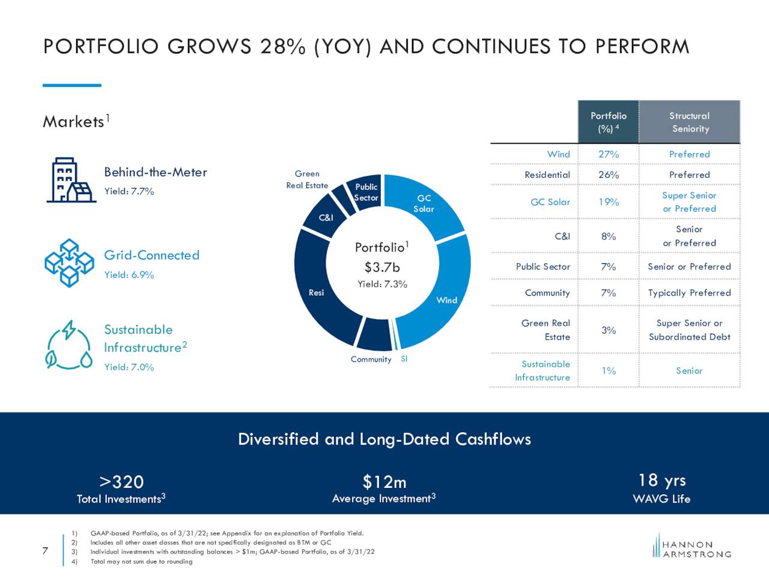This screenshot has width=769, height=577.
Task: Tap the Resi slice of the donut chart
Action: pyautogui.click(x=317, y=292)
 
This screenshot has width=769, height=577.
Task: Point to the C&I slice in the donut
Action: pyautogui.click(x=326, y=218)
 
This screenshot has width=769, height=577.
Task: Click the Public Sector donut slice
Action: pyautogui.click(x=366, y=192)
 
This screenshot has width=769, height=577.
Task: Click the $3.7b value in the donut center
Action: pyautogui.click(x=382, y=267)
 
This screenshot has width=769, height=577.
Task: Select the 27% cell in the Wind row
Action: pyautogui.click(x=608, y=154)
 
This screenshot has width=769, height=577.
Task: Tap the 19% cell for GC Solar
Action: pyautogui.click(x=608, y=202)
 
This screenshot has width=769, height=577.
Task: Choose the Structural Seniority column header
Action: pyautogui.click(x=690, y=122)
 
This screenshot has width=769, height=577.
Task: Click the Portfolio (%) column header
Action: pyautogui.click(x=608, y=122)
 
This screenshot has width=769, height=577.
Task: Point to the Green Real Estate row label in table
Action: pyautogui.click(x=546, y=329)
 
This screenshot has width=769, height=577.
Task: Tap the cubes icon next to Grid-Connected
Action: pyautogui.click(x=70, y=263)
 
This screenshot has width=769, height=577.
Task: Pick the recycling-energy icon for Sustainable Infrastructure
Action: pyautogui.click(x=70, y=346)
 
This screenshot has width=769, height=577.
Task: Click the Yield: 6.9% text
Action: pyautogui.click(x=129, y=275)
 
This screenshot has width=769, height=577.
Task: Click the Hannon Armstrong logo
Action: pyautogui.click(x=692, y=548)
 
